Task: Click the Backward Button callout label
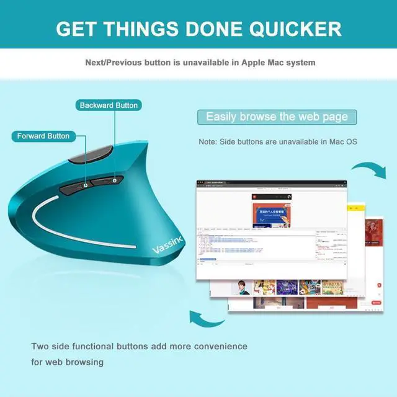coord(109,105)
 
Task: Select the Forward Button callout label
coord(43,136)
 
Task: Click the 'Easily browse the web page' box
coord(277,117)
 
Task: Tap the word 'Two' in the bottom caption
coord(40,346)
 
